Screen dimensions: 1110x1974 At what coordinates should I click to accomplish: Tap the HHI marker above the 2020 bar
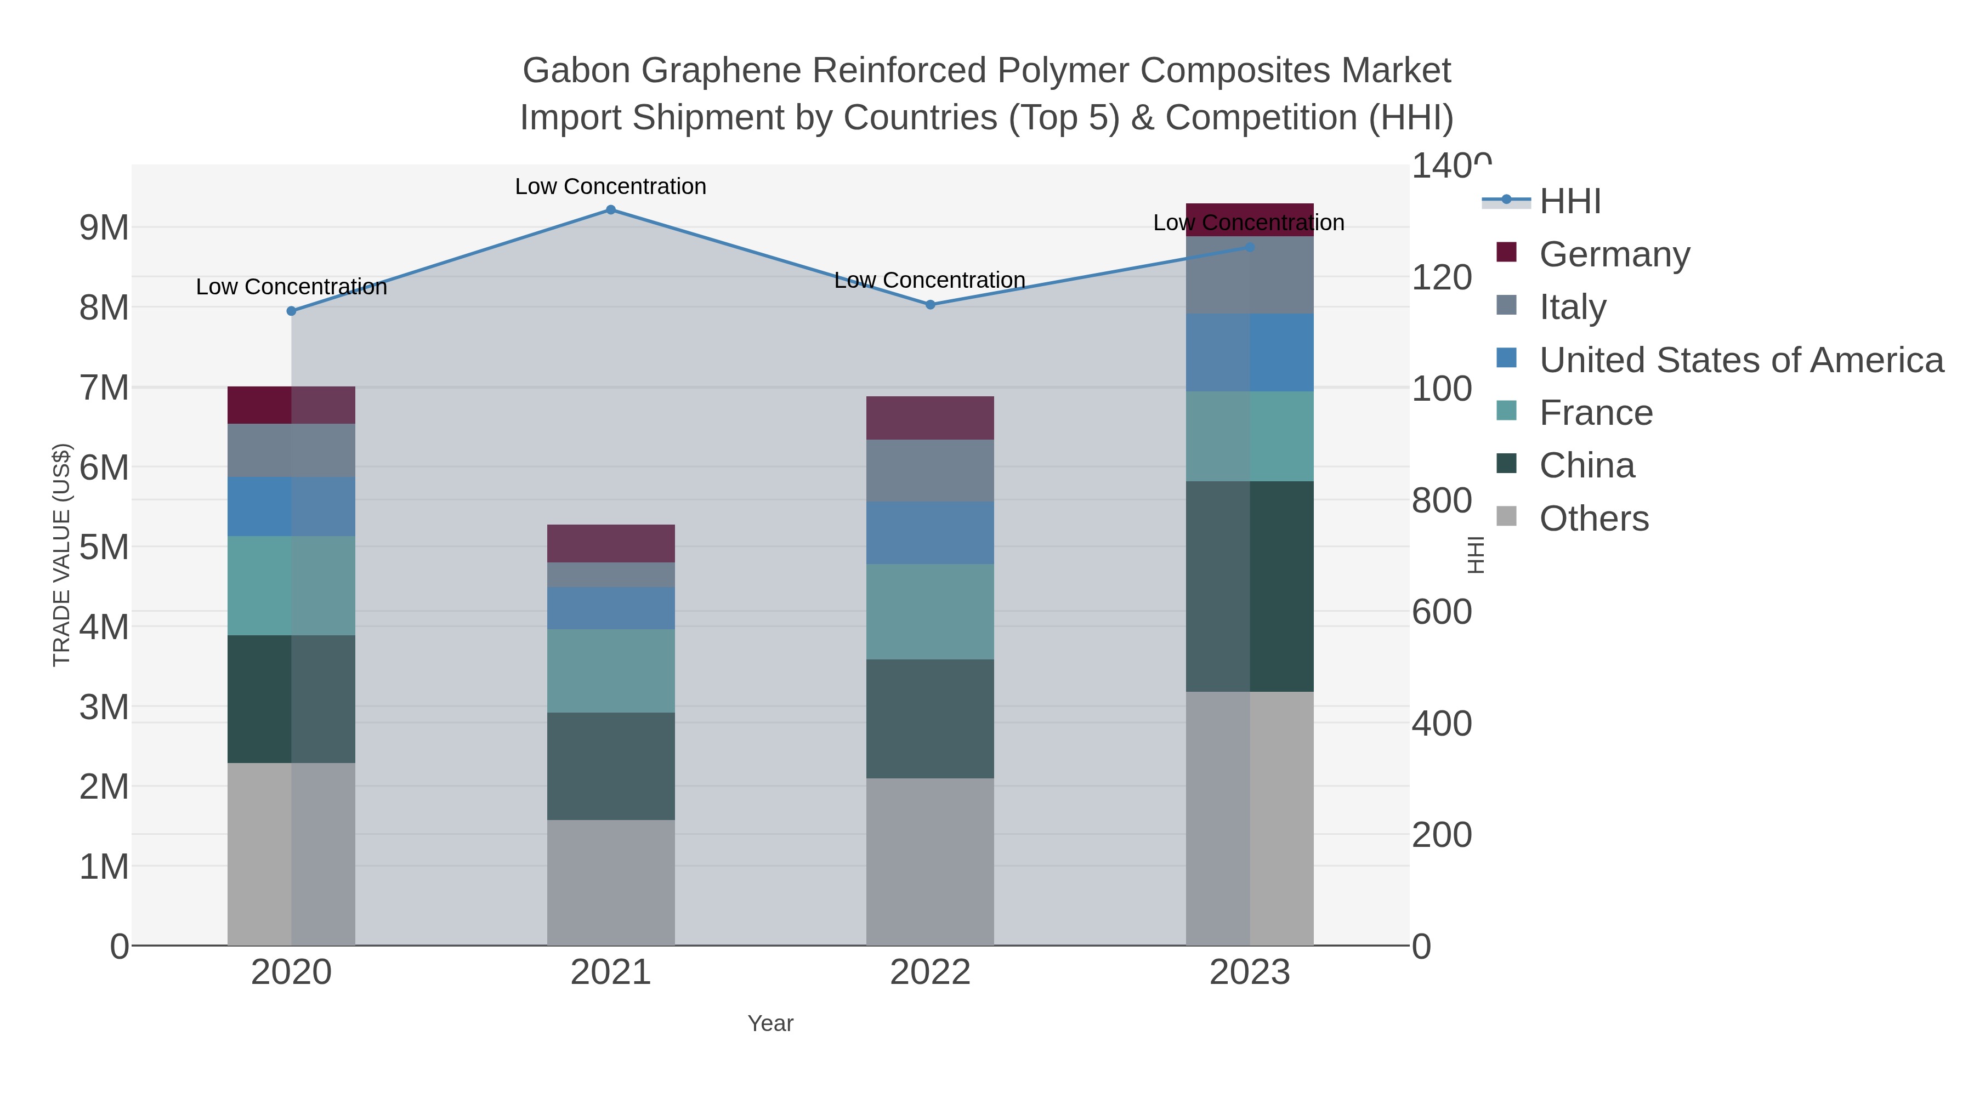[291, 310]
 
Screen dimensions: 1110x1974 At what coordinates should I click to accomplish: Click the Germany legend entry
[1614, 254]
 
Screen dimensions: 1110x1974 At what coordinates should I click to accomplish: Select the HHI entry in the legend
[1569, 202]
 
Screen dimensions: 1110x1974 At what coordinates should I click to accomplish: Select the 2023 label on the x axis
[1249, 972]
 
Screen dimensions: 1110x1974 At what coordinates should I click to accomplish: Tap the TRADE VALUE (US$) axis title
[61, 555]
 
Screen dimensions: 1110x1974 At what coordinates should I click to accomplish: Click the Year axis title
[770, 1023]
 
